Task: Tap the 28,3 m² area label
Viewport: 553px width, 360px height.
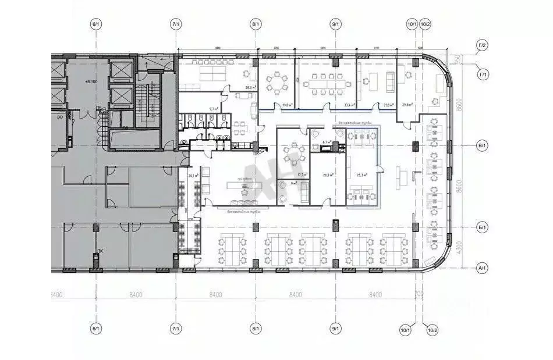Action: [x=251, y=88]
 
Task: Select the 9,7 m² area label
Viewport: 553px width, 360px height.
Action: [x=214, y=109]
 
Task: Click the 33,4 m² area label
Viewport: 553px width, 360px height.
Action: [x=349, y=105]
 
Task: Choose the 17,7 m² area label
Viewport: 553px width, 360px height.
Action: [x=302, y=174]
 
